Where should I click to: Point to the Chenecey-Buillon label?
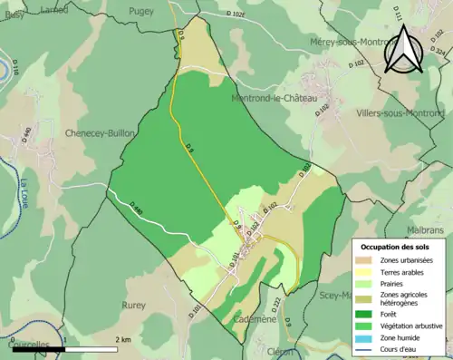100,133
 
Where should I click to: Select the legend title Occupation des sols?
395,247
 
